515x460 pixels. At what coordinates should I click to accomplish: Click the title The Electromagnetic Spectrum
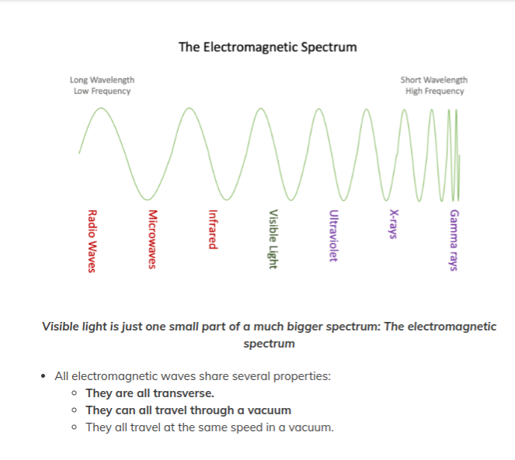coord(267,47)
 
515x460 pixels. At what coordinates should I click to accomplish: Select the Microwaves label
coord(152,240)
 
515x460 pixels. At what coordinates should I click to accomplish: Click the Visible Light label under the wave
coord(273,240)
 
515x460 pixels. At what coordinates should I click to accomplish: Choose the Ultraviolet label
coord(332,237)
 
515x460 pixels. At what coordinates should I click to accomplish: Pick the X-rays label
coord(394,223)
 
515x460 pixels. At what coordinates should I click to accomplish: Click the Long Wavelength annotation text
coord(102,80)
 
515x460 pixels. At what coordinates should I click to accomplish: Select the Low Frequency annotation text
coord(102,91)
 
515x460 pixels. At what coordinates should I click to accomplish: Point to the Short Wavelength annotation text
coord(434,80)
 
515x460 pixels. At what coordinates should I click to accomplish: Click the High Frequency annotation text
coord(434,91)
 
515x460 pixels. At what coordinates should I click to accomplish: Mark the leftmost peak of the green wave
coord(102,108)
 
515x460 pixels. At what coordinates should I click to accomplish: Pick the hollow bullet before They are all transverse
coord(73,393)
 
